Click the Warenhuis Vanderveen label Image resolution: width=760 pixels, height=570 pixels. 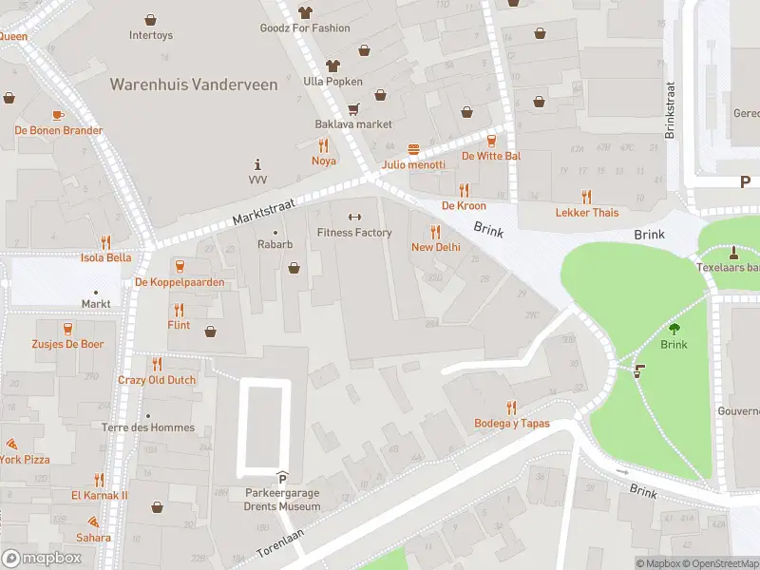[194, 85]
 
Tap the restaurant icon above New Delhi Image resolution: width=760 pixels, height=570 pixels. [436, 231]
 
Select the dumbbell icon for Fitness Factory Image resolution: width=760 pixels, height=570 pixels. [354, 217]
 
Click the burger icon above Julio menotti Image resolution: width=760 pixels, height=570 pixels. [413, 149]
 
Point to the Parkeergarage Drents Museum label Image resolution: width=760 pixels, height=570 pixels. [281, 499]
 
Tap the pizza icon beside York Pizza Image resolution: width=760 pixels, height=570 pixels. [11, 444]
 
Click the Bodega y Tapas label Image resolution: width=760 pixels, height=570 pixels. [512, 423]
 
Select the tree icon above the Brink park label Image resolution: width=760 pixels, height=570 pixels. [674, 329]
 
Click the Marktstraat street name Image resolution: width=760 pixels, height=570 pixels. [265, 212]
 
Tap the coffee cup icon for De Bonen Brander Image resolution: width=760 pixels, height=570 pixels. [58, 115]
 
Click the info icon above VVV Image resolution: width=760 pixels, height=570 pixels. [257, 163]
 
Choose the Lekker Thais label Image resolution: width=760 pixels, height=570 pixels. [586, 212]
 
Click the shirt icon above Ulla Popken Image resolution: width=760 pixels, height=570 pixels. [332, 66]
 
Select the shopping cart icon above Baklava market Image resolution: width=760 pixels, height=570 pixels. [353, 108]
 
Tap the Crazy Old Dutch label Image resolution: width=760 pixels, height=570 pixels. [157, 379]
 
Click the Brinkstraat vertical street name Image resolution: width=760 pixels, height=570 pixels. [670, 110]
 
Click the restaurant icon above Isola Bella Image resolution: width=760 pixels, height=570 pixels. [105, 242]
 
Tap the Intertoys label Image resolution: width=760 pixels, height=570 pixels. [151, 35]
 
